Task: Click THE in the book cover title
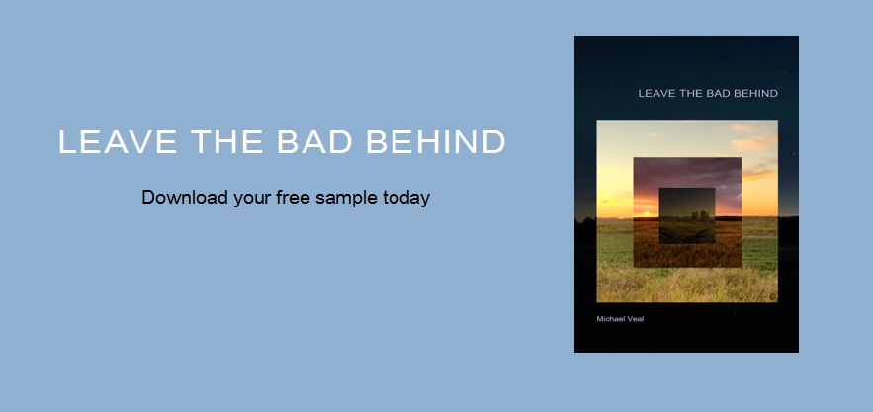pyautogui.click(x=692, y=94)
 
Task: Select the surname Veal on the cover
pyautogui.click(x=637, y=318)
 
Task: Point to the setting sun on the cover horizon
pyautogui.click(x=645, y=211)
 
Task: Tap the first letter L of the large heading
pyautogui.click(x=67, y=142)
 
